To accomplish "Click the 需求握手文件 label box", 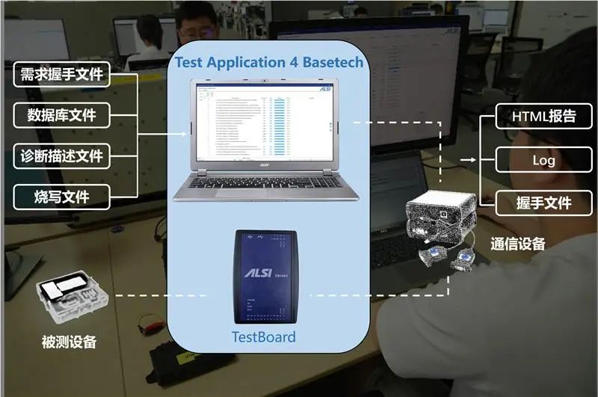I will pyautogui.click(x=62, y=75).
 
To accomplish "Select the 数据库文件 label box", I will pyautogui.click(x=62, y=115).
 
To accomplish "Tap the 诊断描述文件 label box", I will pyautogui.click(x=62, y=156).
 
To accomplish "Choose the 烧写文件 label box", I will pyautogui.click(x=62, y=197).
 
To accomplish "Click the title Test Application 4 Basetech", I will pyautogui.click(x=269, y=62).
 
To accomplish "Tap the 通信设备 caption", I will pyautogui.click(x=518, y=244).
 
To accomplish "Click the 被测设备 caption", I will pyautogui.click(x=69, y=342).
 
